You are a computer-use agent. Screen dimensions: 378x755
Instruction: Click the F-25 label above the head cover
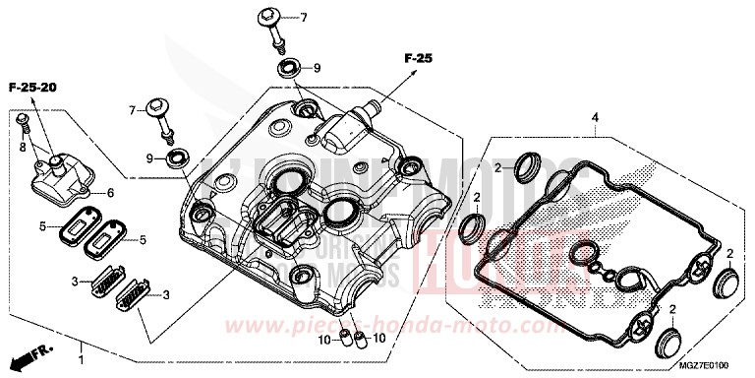coord(418,59)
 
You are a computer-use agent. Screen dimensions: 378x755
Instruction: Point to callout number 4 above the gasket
coord(595,118)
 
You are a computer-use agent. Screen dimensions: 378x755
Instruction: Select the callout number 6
coord(111,192)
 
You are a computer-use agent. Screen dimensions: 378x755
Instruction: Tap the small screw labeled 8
coord(27,125)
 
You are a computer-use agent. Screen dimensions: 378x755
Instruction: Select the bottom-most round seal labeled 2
coord(668,345)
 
